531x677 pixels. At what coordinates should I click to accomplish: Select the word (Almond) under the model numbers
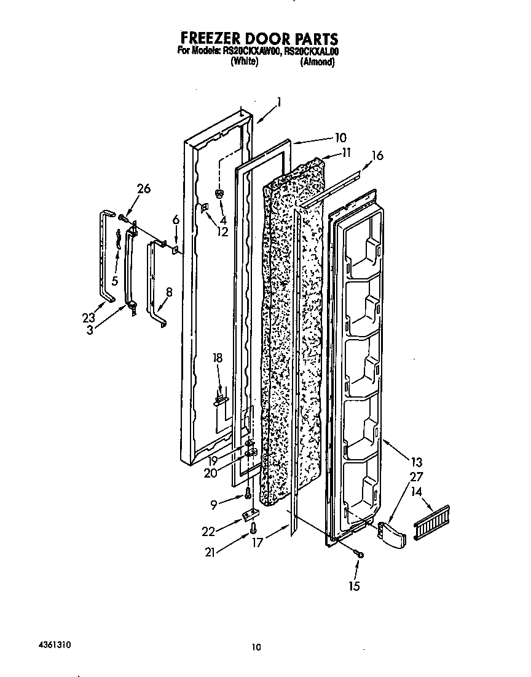click(x=317, y=62)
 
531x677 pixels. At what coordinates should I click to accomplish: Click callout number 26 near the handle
click(x=143, y=189)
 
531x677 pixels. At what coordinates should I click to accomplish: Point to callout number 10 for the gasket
click(x=340, y=137)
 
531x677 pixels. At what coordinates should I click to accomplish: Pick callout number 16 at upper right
click(x=377, y=156)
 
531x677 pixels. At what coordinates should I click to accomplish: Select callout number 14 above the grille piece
click(x=417, y=492)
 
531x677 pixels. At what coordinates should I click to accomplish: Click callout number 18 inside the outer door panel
click(x=218, y=358)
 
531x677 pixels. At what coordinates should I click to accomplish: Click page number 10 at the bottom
click(x=257, y=646)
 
